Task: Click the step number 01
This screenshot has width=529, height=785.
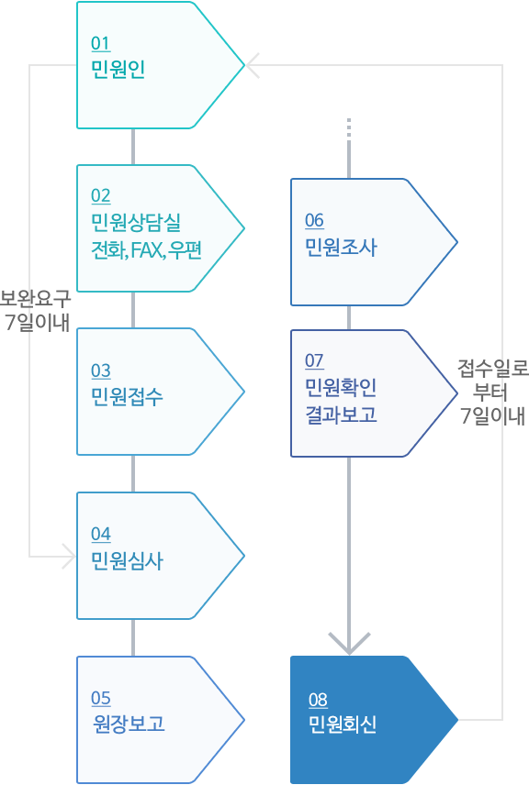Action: (x=100, y=43)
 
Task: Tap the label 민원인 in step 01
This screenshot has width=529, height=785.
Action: (x=118, y=69)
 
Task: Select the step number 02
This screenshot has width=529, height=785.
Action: (x=100, y=195)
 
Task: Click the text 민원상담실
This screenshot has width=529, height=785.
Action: (x=135, y=222)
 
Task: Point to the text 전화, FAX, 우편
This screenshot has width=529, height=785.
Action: (x=146, y=249)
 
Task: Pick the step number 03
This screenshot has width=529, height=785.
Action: (x=100, y=371)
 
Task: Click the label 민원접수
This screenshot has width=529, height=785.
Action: (x=127, y=396)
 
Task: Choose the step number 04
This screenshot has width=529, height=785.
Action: (x=100, y=534)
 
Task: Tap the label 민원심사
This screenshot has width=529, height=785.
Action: (x=127, y=560)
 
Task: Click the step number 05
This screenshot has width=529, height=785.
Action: (x=100, y=699)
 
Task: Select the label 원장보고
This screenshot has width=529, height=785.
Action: (x=129, y=724)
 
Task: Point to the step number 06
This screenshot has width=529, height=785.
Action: (x=314, y=221)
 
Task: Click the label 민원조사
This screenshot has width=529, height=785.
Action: (x=341, y=248)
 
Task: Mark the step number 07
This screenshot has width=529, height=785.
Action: (x=314, y=361)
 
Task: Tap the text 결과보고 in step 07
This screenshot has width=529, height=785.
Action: (x=341, y=415)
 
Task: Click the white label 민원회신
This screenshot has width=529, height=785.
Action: (x=343, y=724)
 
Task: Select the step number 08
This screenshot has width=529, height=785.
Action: (x=318, y=700)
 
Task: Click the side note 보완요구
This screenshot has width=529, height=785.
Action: (x=35, y=299)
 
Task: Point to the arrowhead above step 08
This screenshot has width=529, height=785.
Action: (x=349, y=644)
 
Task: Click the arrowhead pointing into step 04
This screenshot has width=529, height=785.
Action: (x=69, y=556)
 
